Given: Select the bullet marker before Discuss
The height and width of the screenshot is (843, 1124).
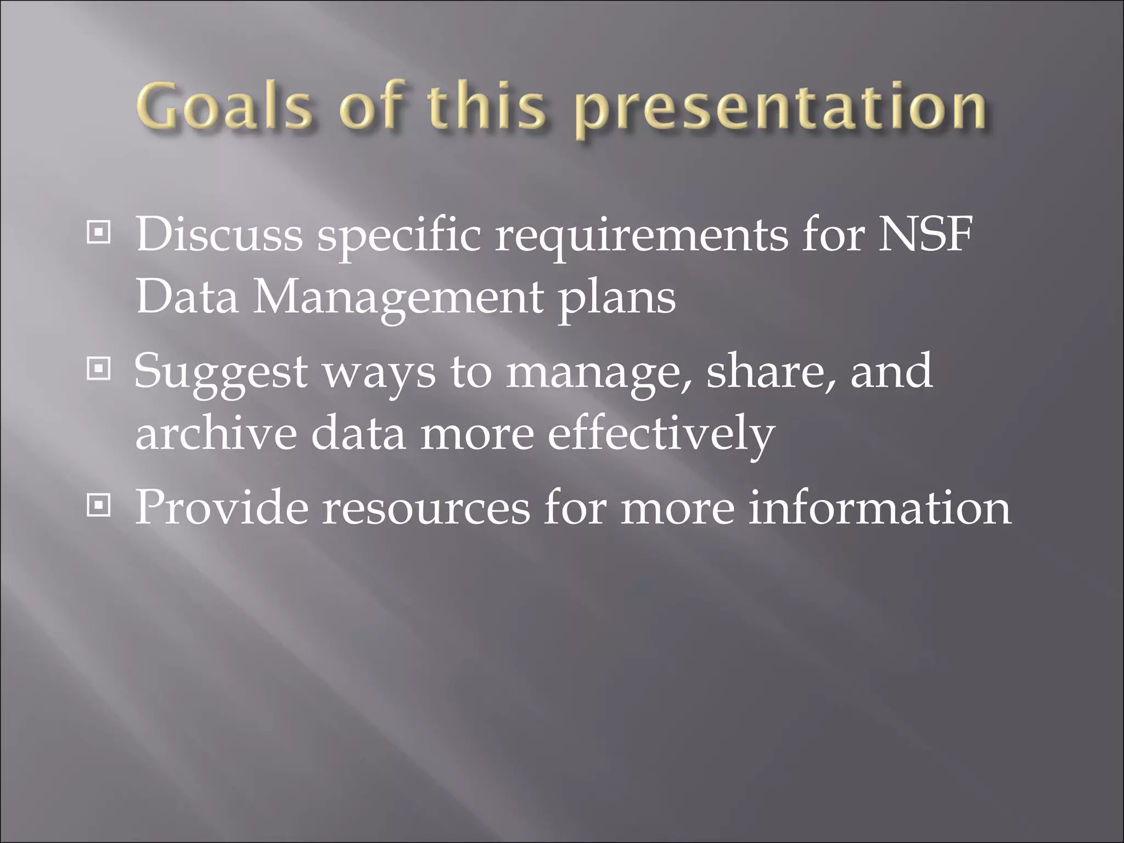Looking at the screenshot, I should click(x=99, y=235).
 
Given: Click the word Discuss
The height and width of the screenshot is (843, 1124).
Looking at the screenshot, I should click(x=218, y=235).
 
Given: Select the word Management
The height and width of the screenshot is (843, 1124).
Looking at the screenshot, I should click(x=396, y=299).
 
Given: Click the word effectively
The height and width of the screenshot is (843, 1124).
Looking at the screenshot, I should click(x=661, y=435).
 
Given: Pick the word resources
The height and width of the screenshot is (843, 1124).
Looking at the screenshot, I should click(x=426, y=508).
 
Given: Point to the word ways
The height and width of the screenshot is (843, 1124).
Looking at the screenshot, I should click(x=378, y=373).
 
